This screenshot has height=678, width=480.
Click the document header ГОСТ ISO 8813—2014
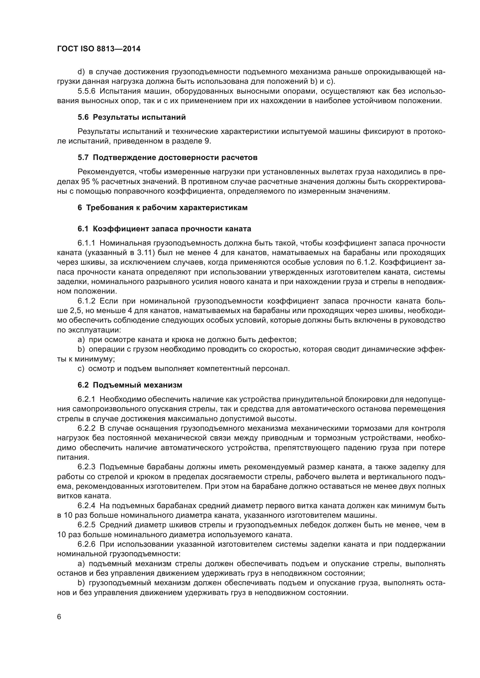99,49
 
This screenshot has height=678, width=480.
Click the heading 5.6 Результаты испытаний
131,117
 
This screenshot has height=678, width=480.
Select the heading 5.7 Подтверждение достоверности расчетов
167,158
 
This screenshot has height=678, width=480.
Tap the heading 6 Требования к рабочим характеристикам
163,208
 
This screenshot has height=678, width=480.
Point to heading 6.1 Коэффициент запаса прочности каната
164,229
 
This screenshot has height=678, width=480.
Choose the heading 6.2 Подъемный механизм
130,385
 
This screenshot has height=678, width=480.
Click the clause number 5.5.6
86,91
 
